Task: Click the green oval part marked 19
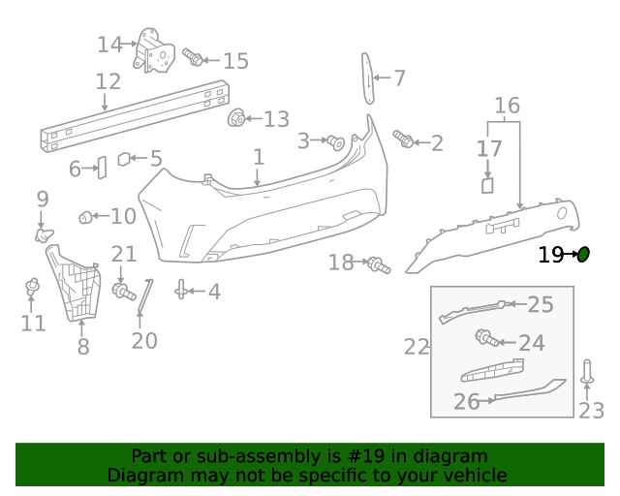coord(583,255)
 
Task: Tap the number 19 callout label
coord(550,256)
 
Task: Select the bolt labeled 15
coord(193,59)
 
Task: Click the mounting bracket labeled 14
coord(154,49)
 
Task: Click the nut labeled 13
coord(235,119)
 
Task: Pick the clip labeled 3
coord(336,143)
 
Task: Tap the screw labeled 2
coord(403,141)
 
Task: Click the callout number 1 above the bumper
coord(259,156)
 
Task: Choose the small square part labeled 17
coord(489,184)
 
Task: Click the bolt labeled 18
coord(377,263)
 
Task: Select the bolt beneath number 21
coord(124,290)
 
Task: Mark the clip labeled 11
coord(33,289)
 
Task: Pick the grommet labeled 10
coord(86,216)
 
